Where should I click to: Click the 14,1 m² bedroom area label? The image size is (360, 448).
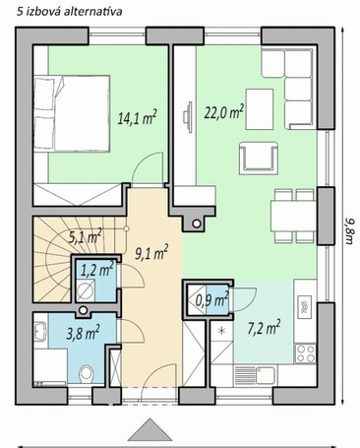point(137,118)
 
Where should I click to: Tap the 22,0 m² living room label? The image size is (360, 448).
point(224,112)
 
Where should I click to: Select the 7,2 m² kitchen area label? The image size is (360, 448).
point(264,328)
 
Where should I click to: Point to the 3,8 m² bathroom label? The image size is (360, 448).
point(84,333)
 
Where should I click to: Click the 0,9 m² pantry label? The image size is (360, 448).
point(212,300)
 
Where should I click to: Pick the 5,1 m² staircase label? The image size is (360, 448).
point(85,236)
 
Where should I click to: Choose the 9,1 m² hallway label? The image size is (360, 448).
point(151,253)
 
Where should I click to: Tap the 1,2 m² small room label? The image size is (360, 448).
point(97,270)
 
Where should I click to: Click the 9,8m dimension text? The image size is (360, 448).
point(349,230)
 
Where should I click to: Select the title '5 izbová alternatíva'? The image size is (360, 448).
point(69,12)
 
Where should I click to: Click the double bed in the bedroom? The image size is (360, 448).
point(72,113)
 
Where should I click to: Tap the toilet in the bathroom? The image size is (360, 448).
point(87,374)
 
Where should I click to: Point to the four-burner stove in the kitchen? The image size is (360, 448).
point(305,353)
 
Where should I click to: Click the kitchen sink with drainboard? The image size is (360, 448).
point(255,375)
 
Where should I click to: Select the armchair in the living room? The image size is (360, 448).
point(259,158)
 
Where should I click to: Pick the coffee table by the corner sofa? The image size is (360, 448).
point(260,109)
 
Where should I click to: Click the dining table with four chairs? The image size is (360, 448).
point(293,217)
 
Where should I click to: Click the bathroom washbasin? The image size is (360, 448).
point(40,331)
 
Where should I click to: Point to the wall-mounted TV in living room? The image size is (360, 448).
point(188,117)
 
